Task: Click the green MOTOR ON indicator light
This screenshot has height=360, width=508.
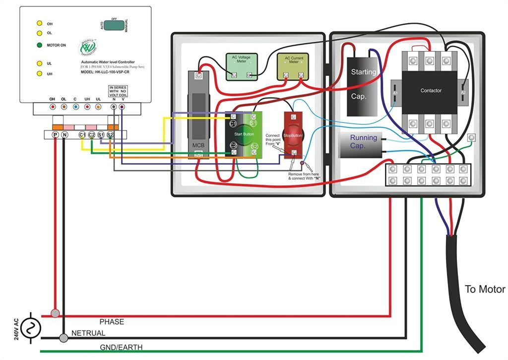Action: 39,45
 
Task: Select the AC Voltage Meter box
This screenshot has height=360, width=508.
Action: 241,66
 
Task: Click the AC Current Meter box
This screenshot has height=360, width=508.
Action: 293,66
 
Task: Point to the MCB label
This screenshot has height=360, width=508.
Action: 198,145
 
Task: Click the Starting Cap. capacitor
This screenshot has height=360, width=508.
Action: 364,84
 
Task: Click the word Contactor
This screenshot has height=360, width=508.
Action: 430,91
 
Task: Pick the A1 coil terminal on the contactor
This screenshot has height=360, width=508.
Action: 395,93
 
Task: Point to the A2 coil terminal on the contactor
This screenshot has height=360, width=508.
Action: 463,93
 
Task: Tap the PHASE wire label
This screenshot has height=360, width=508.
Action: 112,322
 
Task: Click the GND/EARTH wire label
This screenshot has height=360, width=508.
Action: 121,348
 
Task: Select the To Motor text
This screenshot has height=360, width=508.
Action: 485,290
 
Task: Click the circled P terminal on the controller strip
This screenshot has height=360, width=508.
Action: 55,135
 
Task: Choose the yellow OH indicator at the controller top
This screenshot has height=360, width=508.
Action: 39,23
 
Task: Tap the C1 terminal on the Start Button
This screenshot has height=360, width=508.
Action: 233,122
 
